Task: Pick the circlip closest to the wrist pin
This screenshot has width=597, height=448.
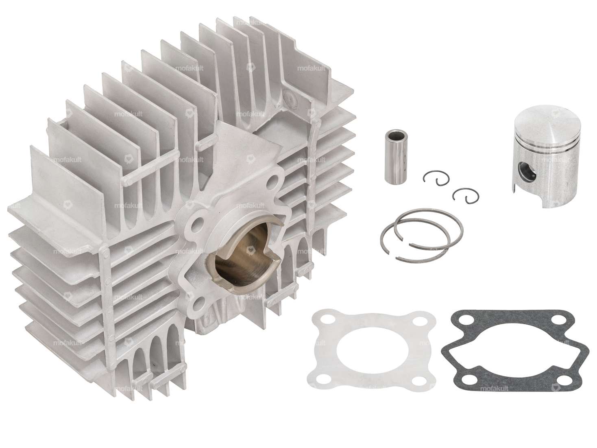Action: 433,179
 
